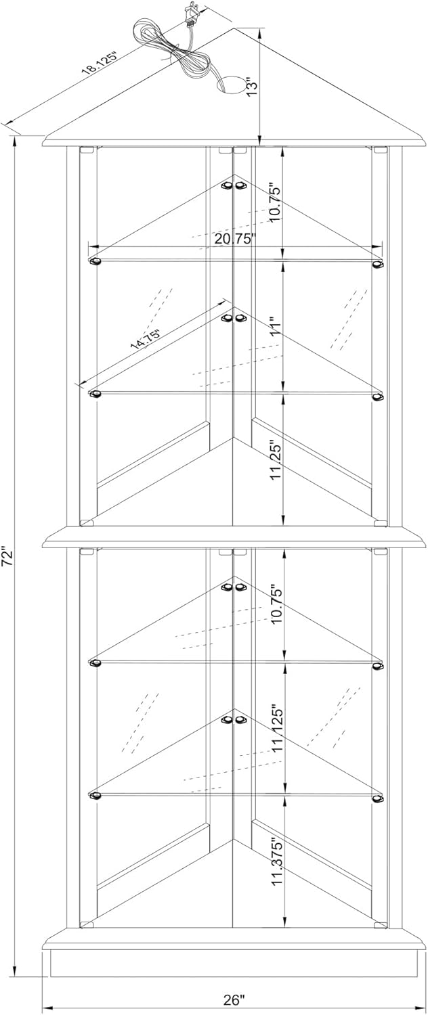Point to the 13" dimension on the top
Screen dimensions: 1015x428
click(251, 86)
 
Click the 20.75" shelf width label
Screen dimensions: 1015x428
click(234, 238)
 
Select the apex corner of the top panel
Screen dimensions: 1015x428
click(235, 29)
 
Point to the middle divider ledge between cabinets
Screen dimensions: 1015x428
click(234, 537)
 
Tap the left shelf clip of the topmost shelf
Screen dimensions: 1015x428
click(95, 261)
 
